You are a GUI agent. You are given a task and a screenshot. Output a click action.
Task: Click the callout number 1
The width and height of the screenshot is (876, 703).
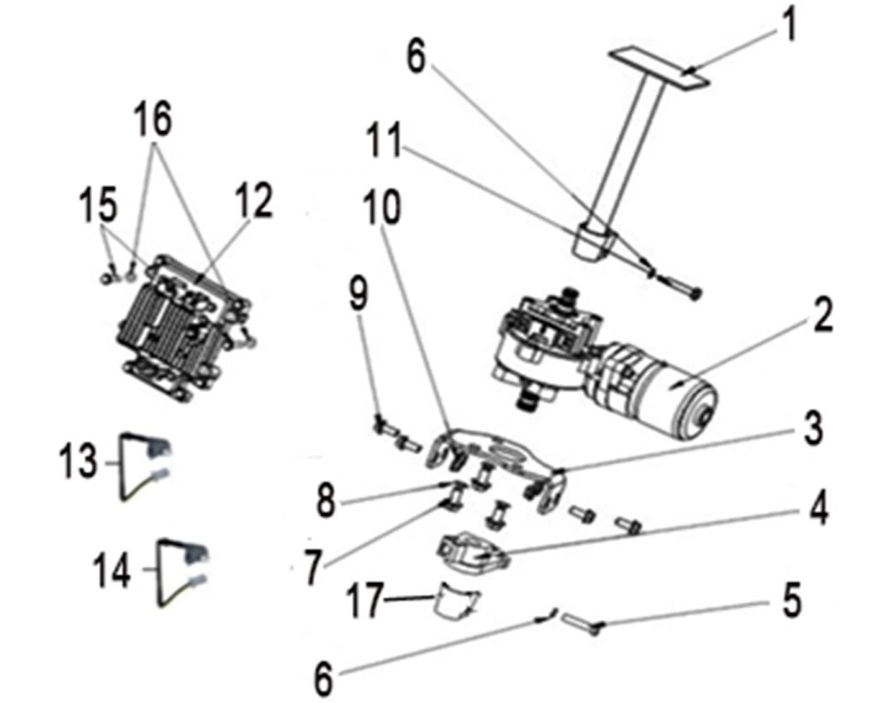point(789,24)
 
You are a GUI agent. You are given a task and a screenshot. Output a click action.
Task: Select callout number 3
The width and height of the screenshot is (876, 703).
point(810,428)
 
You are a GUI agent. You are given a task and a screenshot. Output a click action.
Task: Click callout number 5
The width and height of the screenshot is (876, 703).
point(791,600)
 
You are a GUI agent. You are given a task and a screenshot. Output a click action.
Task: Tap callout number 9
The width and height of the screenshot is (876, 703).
point(361,294)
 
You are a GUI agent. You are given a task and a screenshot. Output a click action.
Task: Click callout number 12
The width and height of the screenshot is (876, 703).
point(254,202)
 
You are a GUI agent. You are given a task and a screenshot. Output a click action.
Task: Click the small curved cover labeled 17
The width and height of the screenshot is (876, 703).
point(454,601)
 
